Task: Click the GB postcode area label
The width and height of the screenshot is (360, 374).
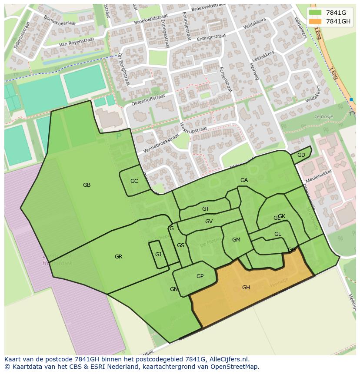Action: coord(87,185)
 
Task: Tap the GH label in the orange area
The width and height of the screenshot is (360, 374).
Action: coord(246,288)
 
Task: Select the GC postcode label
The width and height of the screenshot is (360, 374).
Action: coord(134,181)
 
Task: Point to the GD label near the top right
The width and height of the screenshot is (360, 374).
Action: coord(301,155)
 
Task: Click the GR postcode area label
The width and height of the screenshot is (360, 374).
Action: coord(118,257)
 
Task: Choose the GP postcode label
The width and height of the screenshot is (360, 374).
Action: coord(200,276)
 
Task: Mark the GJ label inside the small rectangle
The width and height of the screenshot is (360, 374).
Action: coord(158,255)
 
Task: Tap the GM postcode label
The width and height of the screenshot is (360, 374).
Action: coord(236,240)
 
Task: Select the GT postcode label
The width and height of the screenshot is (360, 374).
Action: coord(206,209)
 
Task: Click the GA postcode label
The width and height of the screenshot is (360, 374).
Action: coord(244,180)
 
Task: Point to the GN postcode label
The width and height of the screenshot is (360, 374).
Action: coord(173,289)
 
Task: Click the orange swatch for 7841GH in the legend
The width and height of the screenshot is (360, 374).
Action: coord(316,21)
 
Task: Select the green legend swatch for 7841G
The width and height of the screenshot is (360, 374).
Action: coord(316,13)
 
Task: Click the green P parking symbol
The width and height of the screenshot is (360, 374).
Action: coord(119,136)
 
